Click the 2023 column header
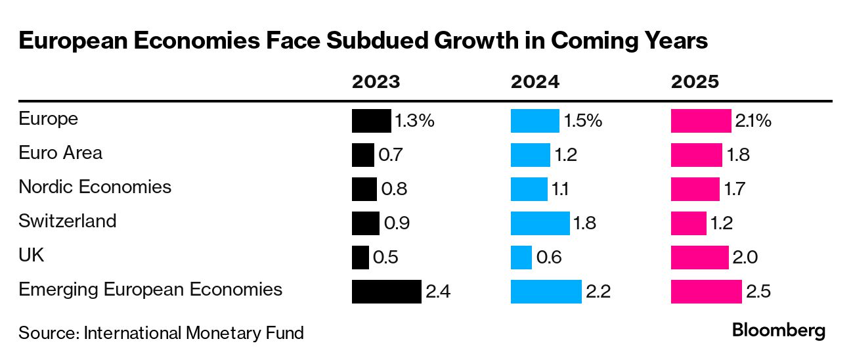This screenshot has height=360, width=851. coord(376,82)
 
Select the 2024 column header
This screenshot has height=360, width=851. coord(535,82)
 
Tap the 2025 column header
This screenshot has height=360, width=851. coord(695,82)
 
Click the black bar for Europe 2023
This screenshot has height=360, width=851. coord(371,122)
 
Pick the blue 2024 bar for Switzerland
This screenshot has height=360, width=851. coord(540,223)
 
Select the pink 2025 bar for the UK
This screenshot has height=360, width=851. coord(699,258)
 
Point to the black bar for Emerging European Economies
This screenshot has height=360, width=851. coord(386,291)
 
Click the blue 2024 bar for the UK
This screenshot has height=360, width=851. coord(521,258)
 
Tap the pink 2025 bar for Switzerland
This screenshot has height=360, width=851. coord(688,223)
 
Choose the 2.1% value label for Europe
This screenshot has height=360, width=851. coord(753,122)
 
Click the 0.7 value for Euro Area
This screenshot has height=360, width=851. coord(390,156)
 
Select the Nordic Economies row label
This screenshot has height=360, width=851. coord(95,187)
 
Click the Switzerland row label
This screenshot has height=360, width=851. coord(67,221)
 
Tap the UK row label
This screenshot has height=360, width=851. coord(32,255)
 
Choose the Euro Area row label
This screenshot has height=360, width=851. coord(60,153)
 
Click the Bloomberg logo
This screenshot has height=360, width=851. coord(779,330)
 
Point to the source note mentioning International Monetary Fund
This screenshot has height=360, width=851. coord(161,333)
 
